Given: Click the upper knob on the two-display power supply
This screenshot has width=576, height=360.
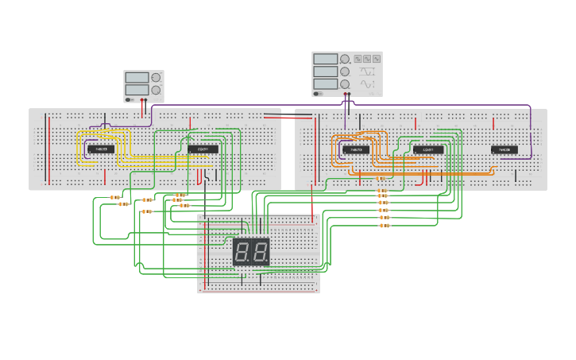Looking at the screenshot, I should [156, 78].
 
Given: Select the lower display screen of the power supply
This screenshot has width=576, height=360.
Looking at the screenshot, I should [137, 89].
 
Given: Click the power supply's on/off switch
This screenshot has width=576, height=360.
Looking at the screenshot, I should [129, 99].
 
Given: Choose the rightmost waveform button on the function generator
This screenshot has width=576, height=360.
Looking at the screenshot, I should [377, 59].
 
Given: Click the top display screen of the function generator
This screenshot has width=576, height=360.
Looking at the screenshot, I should [325, 59].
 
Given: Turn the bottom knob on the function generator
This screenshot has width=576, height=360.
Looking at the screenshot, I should [345, 83].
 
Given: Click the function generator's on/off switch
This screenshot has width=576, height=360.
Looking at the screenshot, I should [318, 94].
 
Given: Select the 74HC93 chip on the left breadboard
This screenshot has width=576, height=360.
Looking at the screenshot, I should [102, 149].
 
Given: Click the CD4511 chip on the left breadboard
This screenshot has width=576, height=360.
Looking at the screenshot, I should [203, 149].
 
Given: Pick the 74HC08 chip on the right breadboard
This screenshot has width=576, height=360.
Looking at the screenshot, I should [504, 149].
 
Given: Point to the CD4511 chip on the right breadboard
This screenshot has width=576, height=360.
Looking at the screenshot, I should [428, 149].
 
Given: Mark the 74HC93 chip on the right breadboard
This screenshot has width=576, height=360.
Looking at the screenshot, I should [355, 149].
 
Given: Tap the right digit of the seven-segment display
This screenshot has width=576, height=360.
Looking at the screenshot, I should [260, 253].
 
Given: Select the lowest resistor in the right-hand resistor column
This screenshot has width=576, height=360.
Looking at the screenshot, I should [385, 226].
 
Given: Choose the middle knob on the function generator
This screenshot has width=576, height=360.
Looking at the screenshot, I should [345, 72].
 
